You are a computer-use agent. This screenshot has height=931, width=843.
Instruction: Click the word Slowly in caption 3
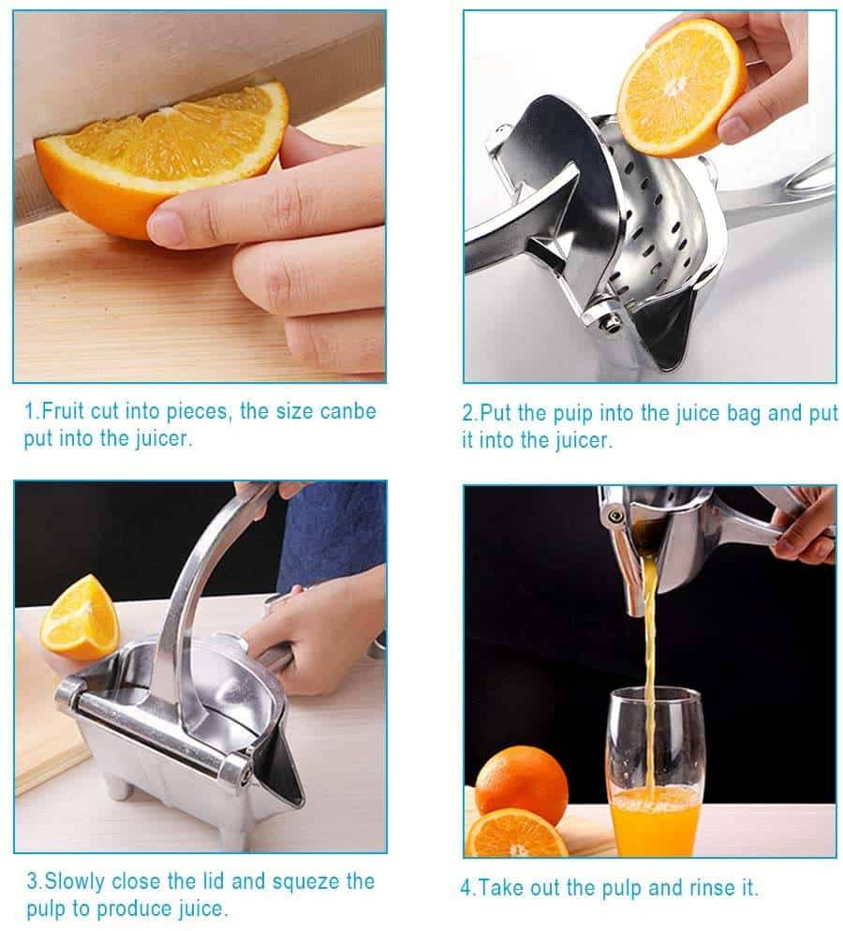[x=75, y=881]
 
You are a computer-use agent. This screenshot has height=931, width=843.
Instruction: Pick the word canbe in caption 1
[x=347, y=411]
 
